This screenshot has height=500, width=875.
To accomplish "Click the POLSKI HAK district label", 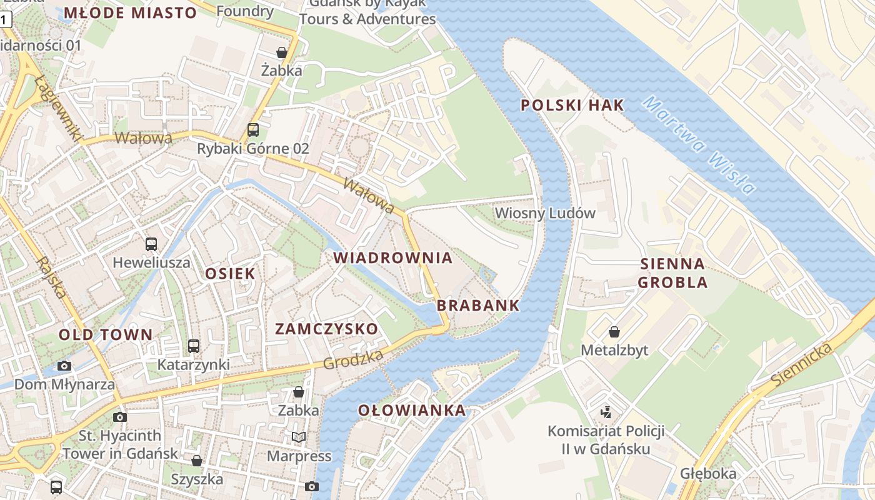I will pos(572,105).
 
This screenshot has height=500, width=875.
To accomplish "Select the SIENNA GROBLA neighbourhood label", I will pos(672,273).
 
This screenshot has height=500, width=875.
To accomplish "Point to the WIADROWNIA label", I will pos(392,257).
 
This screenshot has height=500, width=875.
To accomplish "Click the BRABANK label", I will pos(478,306).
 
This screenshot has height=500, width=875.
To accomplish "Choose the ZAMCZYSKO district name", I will pos(326,329).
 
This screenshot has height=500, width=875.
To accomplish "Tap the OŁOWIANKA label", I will pos(412,411).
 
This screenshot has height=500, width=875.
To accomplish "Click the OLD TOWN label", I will pos(106,334).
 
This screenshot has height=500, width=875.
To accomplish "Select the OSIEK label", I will pos(230,273).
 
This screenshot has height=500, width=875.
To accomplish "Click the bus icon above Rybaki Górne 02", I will pos(253,130).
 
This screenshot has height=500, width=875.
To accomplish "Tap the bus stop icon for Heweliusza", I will pos(151,244).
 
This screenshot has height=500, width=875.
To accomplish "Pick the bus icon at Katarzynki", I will pos(194,346).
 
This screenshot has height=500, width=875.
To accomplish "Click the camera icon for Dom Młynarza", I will pos(64,366).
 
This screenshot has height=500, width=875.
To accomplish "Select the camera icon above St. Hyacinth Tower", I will pos(120,417).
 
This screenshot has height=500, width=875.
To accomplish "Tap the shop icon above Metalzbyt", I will pos(614,332).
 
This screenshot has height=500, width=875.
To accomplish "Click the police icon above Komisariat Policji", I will pos(605,412).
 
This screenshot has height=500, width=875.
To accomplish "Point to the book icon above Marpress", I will pos(299,437).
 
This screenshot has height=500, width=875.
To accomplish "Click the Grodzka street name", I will pos(353,360).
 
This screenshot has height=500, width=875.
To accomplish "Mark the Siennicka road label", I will pos(802,364).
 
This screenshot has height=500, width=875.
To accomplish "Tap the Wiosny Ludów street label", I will pos(545,213).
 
